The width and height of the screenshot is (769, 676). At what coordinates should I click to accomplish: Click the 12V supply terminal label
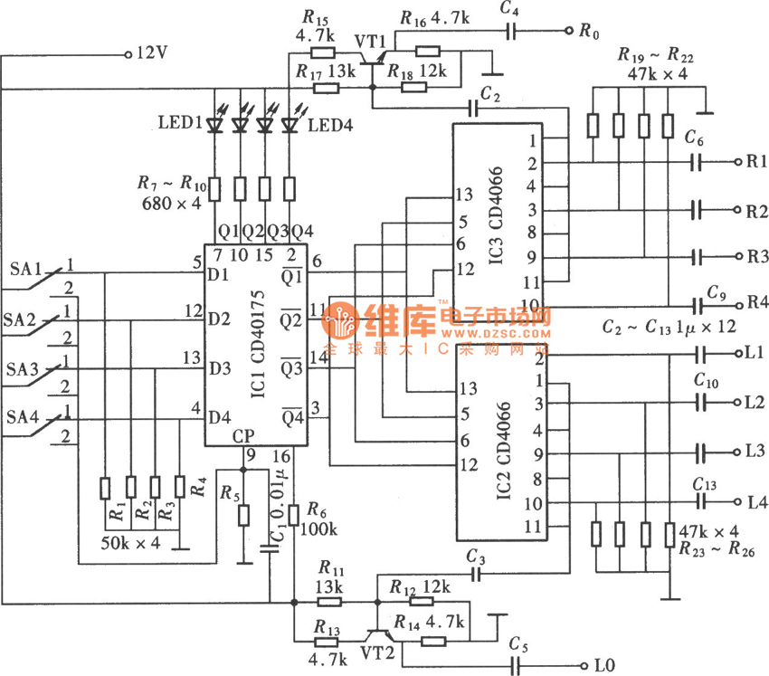(151, 53)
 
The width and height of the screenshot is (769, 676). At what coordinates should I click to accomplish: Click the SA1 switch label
(26, 269)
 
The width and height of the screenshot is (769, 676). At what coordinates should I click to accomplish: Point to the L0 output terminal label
(603, 666)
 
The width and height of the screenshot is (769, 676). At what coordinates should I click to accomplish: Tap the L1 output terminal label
(755, 351)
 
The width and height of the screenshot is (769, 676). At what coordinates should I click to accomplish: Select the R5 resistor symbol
(243, 516)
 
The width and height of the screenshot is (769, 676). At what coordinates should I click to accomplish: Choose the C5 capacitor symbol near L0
(518, 665)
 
